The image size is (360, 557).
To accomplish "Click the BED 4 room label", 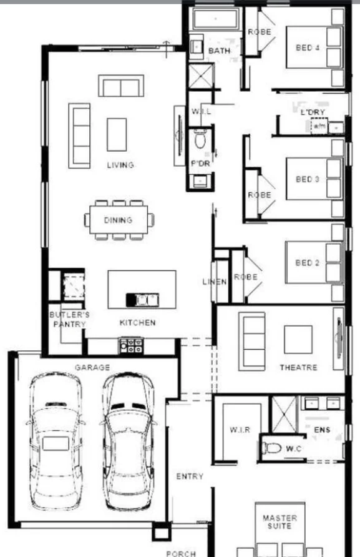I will pos(308,47).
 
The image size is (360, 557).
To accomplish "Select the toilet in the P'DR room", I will pos(200,140).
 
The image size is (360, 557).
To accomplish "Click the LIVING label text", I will pos(120,165).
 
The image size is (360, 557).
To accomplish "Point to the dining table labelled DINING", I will pos(119,220).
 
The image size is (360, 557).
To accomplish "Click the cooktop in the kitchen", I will pos(132,344).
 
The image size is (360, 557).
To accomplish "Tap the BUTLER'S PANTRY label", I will pos(69,319).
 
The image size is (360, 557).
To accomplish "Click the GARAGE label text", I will pos(92,368).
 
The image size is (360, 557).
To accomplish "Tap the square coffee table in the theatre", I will pos(298,339).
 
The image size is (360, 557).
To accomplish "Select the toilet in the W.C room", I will pos(273,448).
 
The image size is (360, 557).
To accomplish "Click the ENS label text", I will pos(322,430).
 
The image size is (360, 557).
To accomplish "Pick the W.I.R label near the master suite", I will pos(240,430).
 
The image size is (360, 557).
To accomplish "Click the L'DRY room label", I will pos(313,112).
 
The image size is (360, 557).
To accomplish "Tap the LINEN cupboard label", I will pos(215,282).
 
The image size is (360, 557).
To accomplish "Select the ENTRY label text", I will pos(189,476).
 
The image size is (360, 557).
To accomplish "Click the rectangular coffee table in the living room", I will pos(116,134).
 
